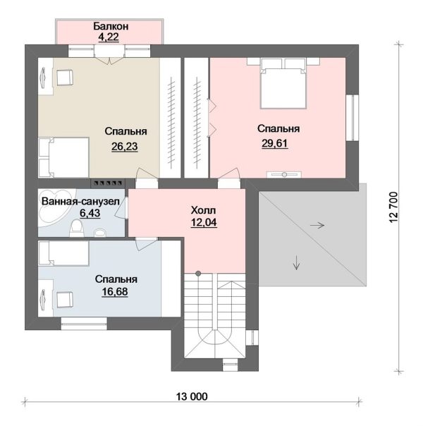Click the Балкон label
pyautogui.click(x=111, y=26)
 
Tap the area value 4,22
pyautogui.click(x=109, y=37)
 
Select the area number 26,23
pyautogui.click(x=125, y=147)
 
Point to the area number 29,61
pyautogui.click(x=274, y=143)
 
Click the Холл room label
pyautogui.click(x=203, y=210)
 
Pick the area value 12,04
pyautogui.click(x=204, y=222)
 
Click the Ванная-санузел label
pyautogui.click(x=80, y=201)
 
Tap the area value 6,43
pyautogui.click(x=90, y=213)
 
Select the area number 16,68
pyautogui.click(x=115, y=291)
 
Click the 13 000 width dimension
pyautogui.click(x=192, y=396)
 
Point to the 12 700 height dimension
pyautogui.click(x=393, y=207)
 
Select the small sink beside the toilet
pyautogui.click(x=100, y=233)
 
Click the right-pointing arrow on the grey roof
pyautogui.click(x=317, y=225)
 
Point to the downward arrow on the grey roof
pyautogui.click(x=296, y=262)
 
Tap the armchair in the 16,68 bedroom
pyautogui.click(x=65, y=300)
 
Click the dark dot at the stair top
pyautogui.click(x=199, y=273)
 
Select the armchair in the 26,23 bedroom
pyautogui.click(x=65, y=78)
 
